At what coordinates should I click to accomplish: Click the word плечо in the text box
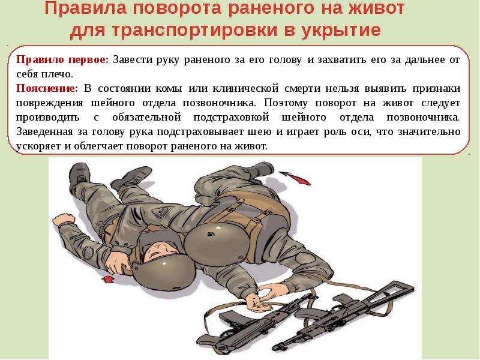tap(56, 74)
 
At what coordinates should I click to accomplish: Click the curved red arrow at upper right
tap(292, 176)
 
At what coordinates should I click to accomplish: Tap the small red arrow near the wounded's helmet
tap(109, 279)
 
